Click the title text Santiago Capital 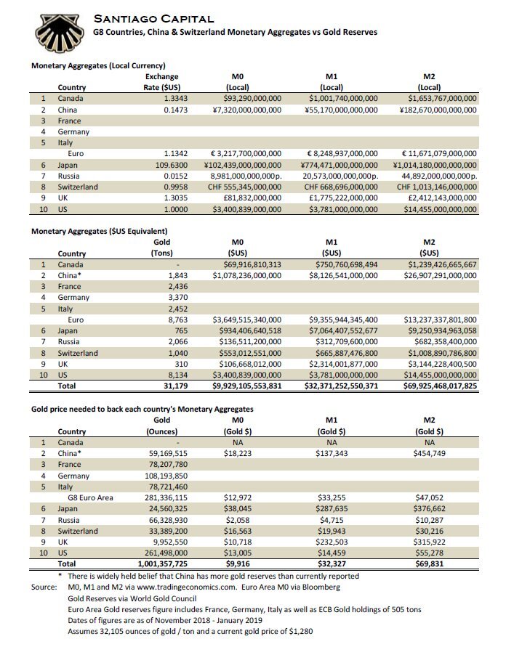(154, 19)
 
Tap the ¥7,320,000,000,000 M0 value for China (246, 110)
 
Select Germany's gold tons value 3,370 (166, 297)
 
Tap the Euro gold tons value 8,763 (167, 320)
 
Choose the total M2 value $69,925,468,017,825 (430, 386)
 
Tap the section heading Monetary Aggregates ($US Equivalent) (99, 232)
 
